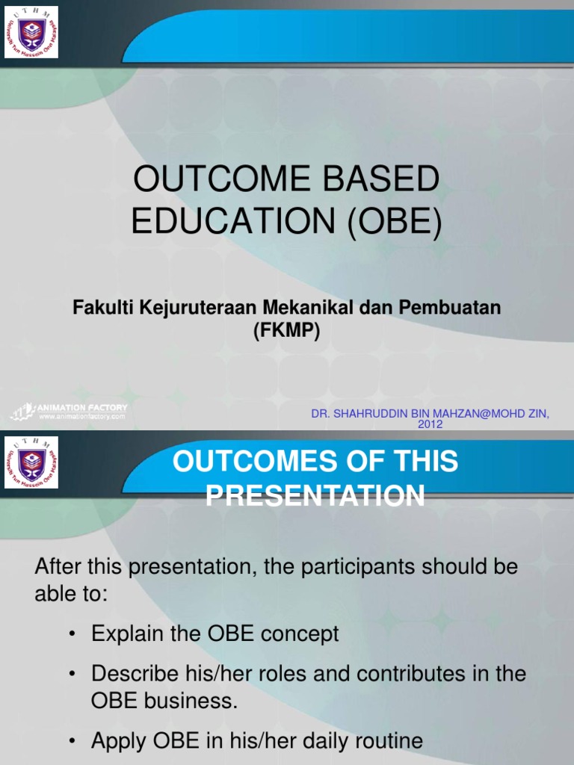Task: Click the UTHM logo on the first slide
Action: (31, 33)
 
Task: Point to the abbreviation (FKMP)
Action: (286, 332)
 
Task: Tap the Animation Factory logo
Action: (69, 411)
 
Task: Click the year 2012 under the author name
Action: (430, 424)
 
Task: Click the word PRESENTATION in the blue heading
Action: (315, 496)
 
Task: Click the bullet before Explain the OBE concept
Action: (72, 635)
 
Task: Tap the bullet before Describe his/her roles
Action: (72, 674)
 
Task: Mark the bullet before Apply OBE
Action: (72, 741)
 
